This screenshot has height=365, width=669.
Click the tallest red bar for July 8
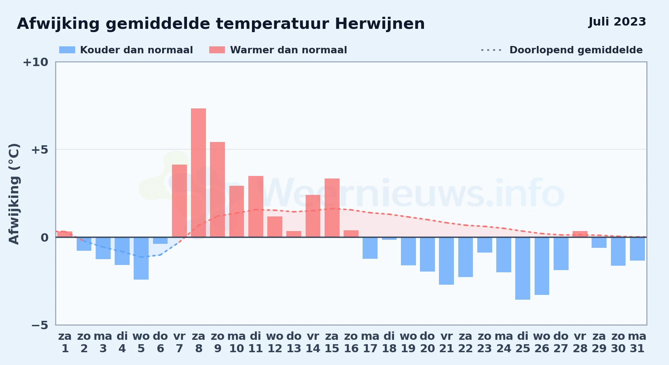tap(198, 173)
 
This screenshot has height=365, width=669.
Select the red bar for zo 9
tap(217, 189)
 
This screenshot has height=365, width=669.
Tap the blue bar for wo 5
tap(141, 258)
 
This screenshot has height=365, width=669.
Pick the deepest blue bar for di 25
tap(523, 268)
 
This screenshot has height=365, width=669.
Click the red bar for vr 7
tap(179, 201)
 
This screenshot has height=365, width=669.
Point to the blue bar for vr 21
tap(446, 261)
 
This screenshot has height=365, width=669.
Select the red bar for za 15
tap(332, 208)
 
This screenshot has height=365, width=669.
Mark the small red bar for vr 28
tap(580, 234)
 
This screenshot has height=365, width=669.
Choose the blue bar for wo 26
tap(542, 266)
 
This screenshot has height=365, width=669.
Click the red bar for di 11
tap(256, 207)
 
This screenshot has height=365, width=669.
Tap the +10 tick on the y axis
tap(35, 62)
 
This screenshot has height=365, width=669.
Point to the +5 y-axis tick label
tap(40, 150)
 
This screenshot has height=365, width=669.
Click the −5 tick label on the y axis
tap(40, 325)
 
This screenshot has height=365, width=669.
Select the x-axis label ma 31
tap(637, 342)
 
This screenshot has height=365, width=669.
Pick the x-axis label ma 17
tap(370, 342)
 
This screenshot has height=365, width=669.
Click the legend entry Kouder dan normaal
tap(126, 50)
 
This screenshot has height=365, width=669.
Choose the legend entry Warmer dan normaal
tap(278, 50)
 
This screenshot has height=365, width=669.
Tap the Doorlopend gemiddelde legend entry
tap(562, 50)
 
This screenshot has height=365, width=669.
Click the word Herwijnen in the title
tap(380, 24)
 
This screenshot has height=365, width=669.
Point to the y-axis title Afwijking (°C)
tap(14, 194)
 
